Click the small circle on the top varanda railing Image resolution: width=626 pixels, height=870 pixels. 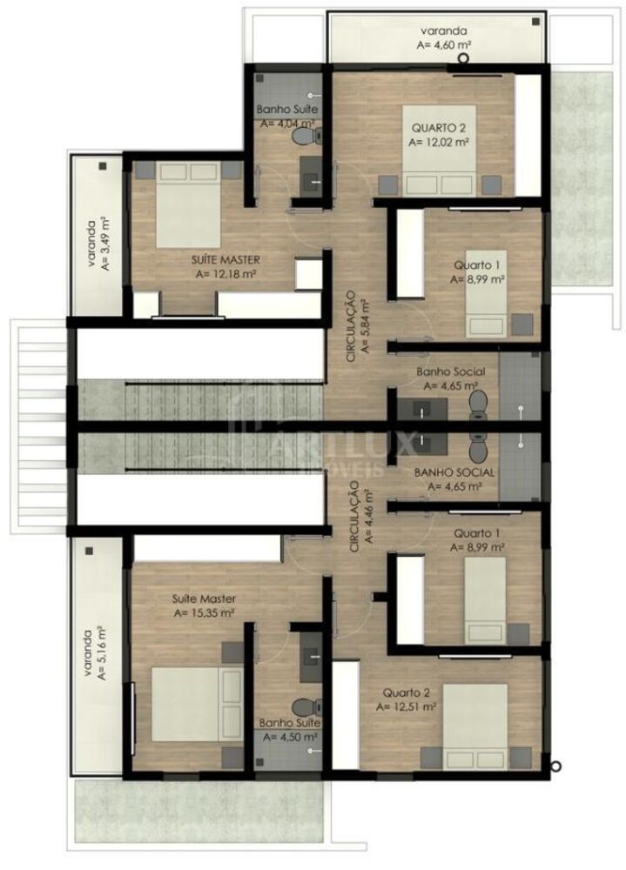(x=464, y=59)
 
